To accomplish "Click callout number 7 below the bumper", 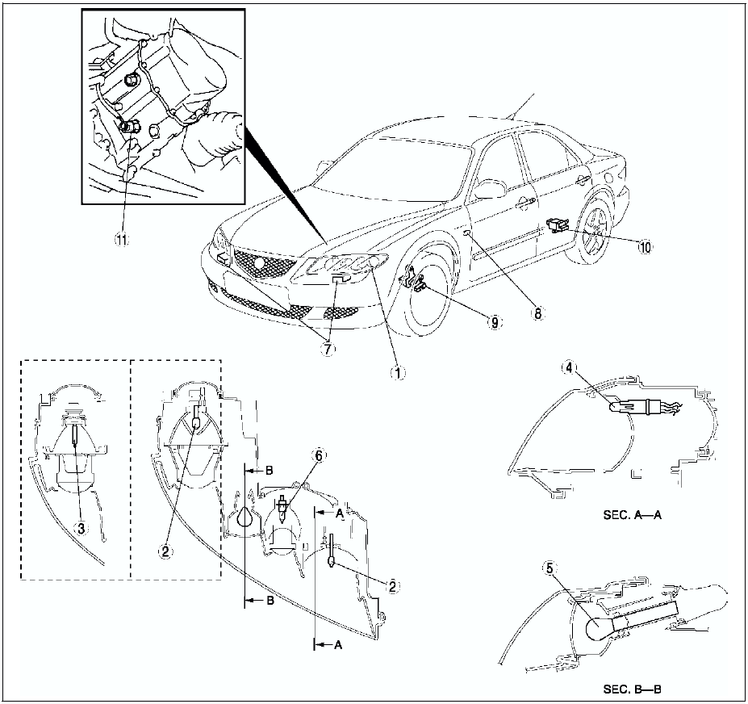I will coord(328,348).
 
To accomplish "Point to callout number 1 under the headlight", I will coord(396,373).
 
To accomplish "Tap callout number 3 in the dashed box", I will coord(80,527).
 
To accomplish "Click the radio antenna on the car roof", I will coord(520,106).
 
